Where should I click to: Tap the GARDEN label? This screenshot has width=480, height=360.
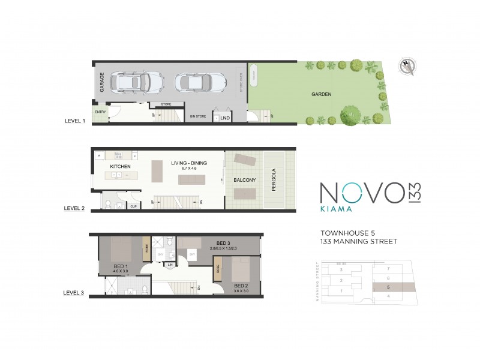[321, 94]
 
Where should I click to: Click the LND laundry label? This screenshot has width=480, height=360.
[226, 118]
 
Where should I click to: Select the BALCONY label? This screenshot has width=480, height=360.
[245, 180]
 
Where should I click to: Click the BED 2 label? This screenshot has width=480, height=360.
[241, 285]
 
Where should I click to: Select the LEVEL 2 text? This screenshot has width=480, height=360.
[75, 208]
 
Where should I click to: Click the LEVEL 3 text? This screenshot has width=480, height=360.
[75, 293]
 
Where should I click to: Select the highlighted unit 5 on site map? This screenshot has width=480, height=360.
[389, 287]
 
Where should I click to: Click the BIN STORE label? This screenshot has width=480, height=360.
[198, 115]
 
